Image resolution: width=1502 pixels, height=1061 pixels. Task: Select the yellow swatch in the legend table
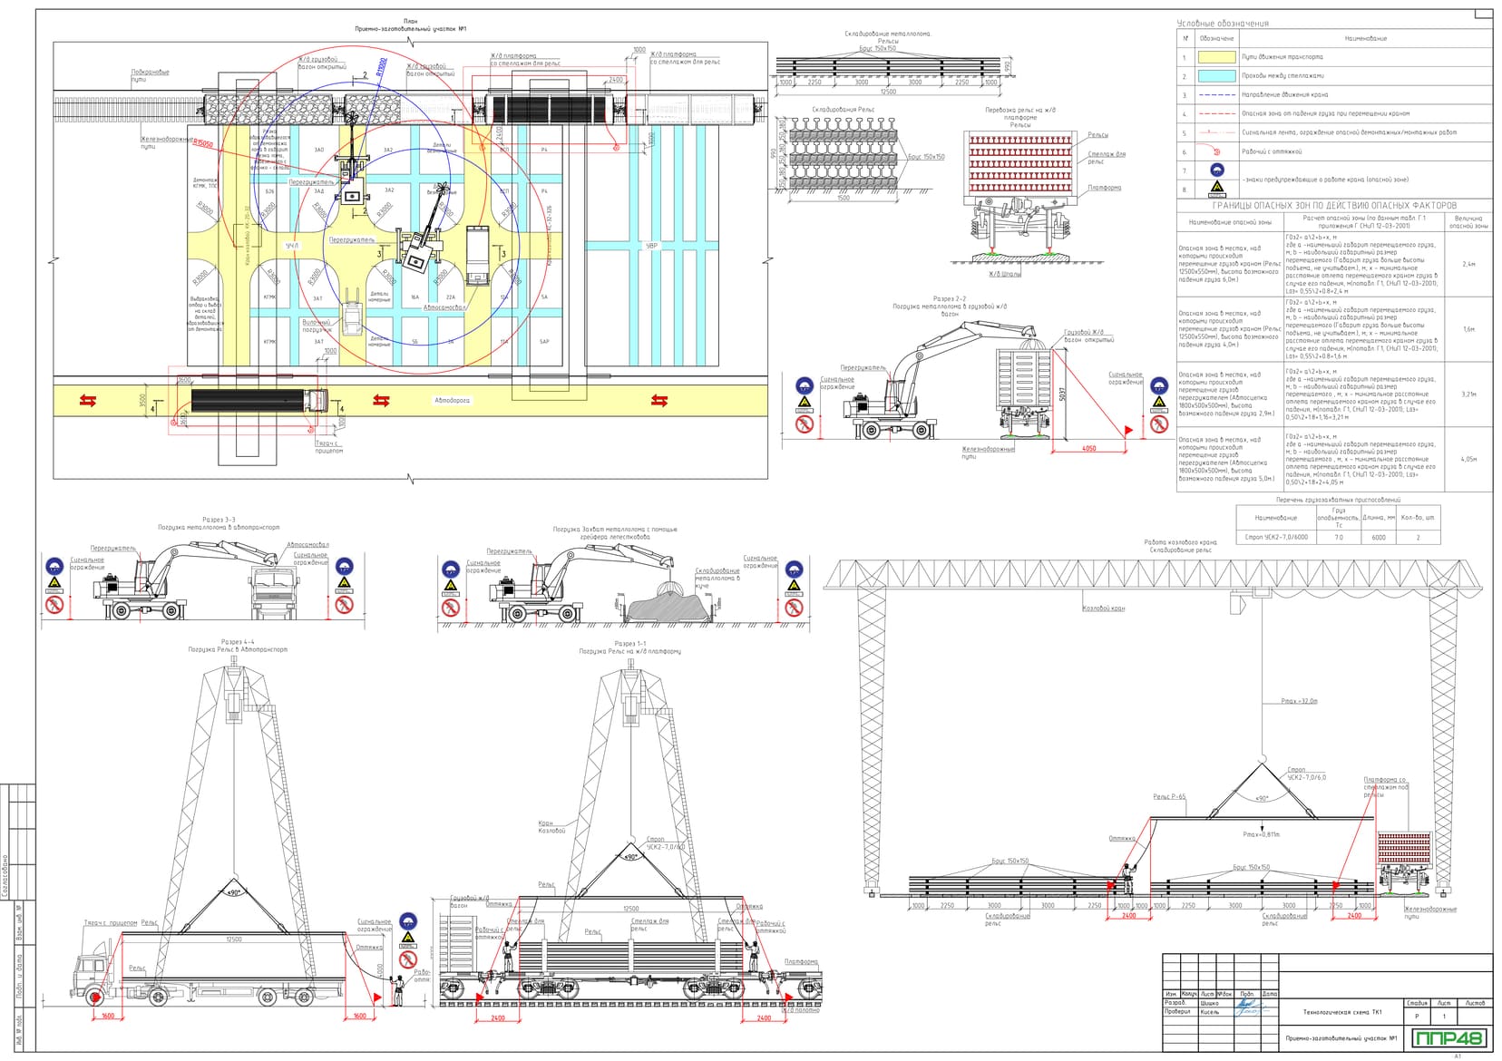1217,57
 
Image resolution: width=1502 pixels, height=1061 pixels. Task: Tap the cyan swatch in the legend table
1217,76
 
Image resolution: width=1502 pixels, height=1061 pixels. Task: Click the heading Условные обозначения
1222,24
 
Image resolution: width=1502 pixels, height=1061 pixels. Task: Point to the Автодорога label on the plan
452,400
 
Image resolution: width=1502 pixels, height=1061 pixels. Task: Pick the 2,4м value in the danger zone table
1468,265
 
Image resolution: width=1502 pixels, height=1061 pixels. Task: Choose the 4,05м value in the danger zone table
1468,460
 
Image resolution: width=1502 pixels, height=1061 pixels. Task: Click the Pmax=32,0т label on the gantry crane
1299,702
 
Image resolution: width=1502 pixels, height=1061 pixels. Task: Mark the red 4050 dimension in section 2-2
1088,449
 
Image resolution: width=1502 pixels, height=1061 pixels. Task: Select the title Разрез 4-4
238,642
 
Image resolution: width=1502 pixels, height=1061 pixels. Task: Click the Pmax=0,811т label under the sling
1261,834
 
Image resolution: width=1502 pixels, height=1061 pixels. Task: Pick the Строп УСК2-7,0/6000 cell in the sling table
1276,538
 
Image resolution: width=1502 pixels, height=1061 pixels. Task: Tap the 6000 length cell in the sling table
1378,538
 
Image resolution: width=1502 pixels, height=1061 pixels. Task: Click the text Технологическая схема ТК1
1342,1012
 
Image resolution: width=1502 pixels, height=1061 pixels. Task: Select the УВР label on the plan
651,246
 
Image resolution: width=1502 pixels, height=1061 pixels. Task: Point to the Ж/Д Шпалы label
1004,274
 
